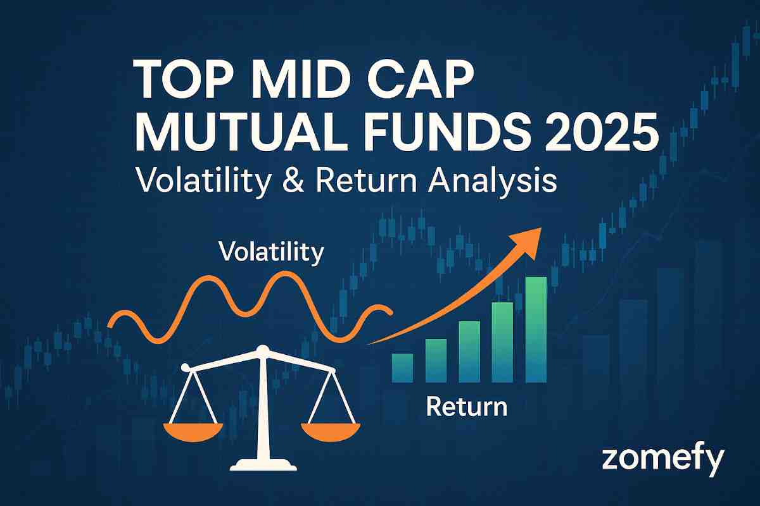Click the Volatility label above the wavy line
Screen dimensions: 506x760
pyautogui.click(x=271, y=252)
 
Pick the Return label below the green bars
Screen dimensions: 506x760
pyautogui.click(x=466, y=406)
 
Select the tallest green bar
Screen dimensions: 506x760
pyautogui.click(x=536, y=329)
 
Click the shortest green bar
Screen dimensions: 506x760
pyautogui.click(x=402, y=367)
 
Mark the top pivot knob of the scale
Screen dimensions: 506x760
pyautogui.click(x=262, y=349)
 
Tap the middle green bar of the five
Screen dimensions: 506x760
pyautogui.click(x=469, y=352)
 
